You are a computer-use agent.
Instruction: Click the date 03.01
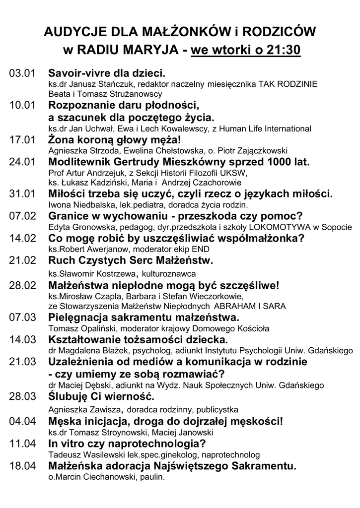pos(23,74)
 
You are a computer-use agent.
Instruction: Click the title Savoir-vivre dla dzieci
pos(106,73)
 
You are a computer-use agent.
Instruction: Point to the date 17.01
pos(23,140)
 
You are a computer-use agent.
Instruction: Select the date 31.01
pos(23,194)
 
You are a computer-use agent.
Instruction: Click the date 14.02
pos(23,238)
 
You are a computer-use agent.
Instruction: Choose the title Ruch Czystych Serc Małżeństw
pos(131,260)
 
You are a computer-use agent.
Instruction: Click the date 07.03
pos(23,317)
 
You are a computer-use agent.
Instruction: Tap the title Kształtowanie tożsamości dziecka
pos(138,339)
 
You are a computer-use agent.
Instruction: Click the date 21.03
pos(23,361)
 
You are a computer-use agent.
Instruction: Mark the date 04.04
pos(23,421)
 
